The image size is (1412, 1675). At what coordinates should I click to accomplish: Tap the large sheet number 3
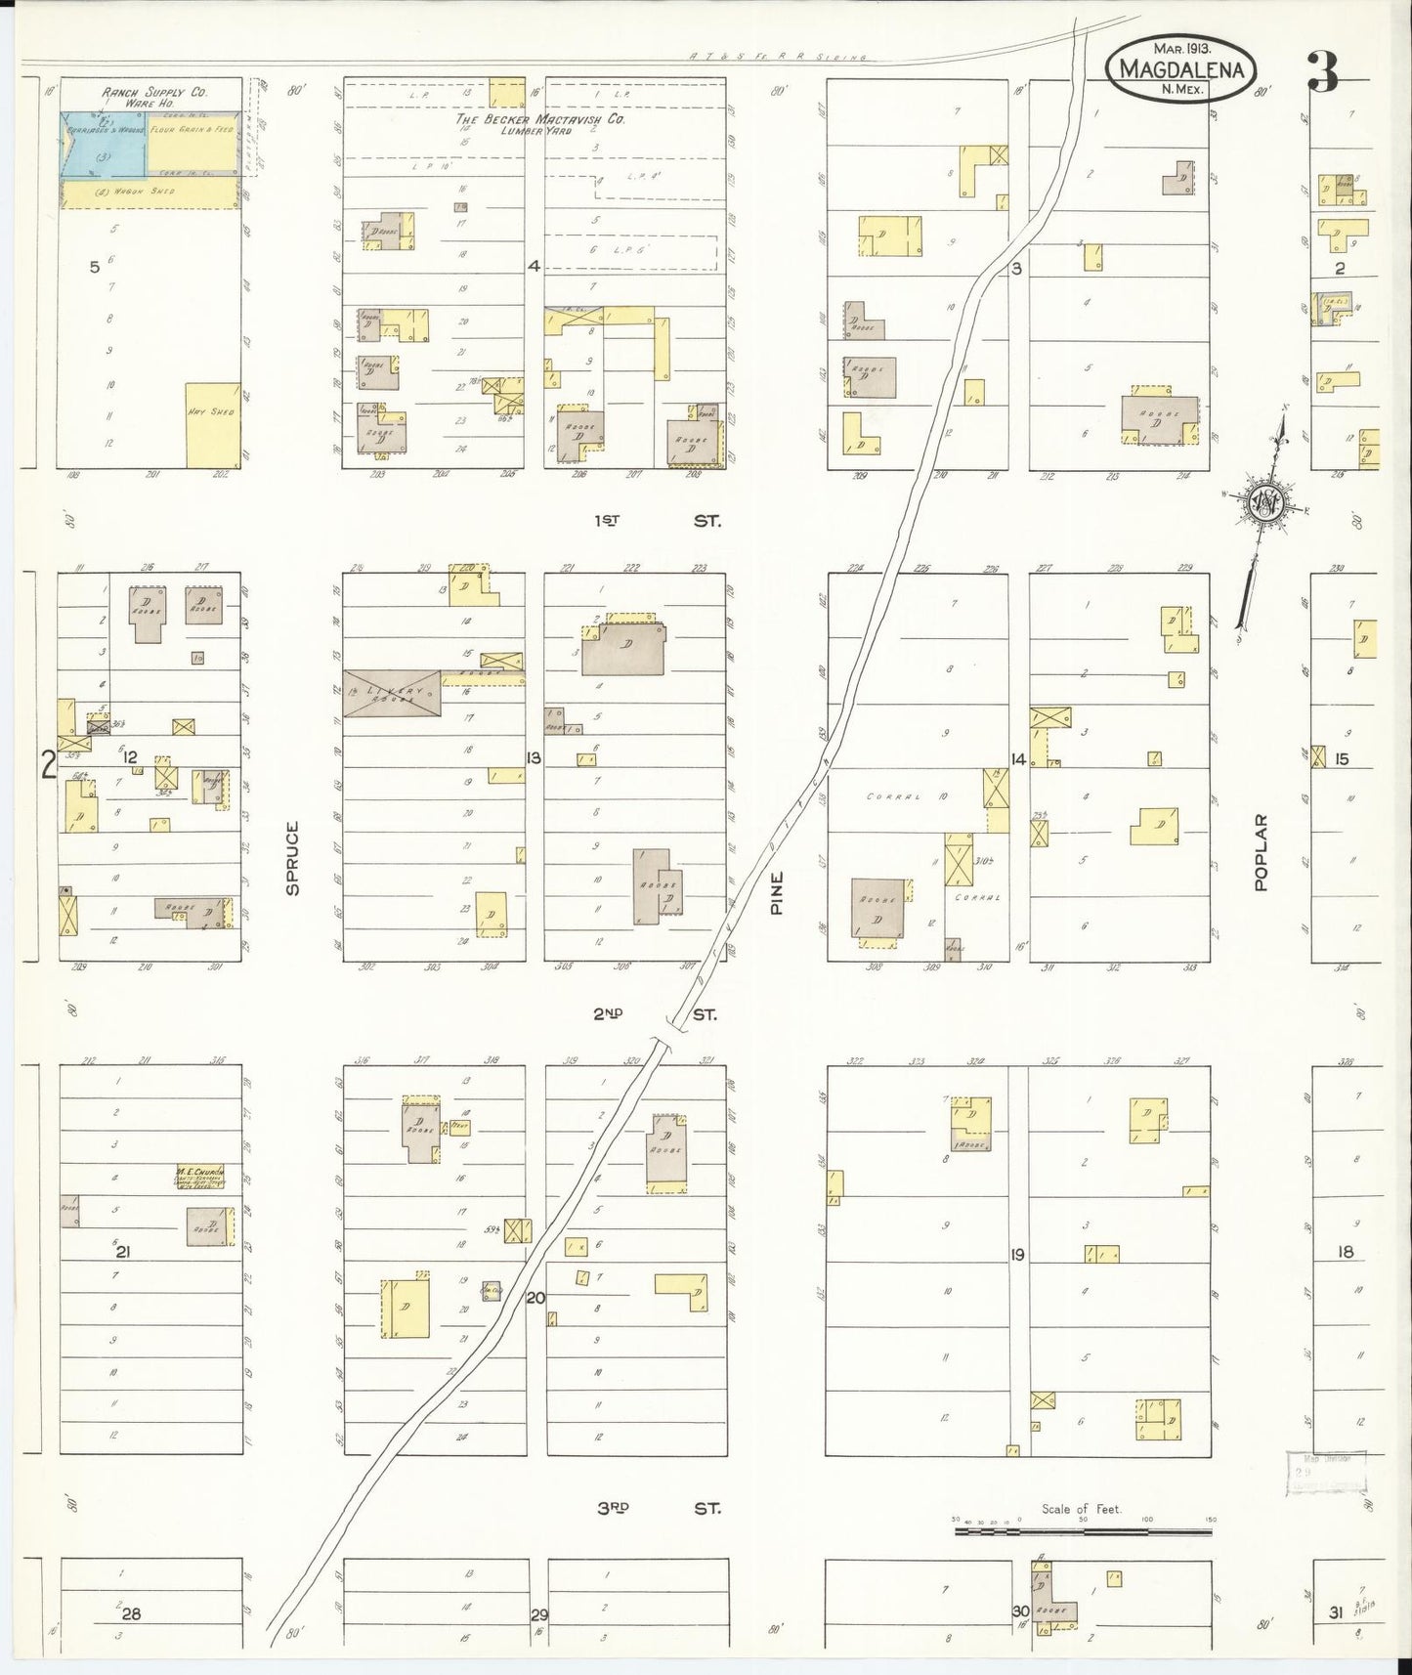(x=1322, y=72)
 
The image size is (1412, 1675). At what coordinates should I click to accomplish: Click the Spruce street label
(x=292, y=857)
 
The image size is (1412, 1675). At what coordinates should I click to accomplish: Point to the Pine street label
(x=778, y=892)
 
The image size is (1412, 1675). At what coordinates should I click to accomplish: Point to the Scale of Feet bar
(x=1083, y=1525)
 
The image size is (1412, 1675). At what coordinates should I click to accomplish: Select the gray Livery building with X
(x=392, y=693)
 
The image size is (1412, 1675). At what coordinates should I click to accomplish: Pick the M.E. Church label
(x=200, y=1171)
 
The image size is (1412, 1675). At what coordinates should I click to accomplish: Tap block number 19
(x=1017, y=1255)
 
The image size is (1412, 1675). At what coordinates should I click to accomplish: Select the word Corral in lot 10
(x=894, y=796)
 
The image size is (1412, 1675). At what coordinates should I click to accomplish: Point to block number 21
(x=123, y=1250)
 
